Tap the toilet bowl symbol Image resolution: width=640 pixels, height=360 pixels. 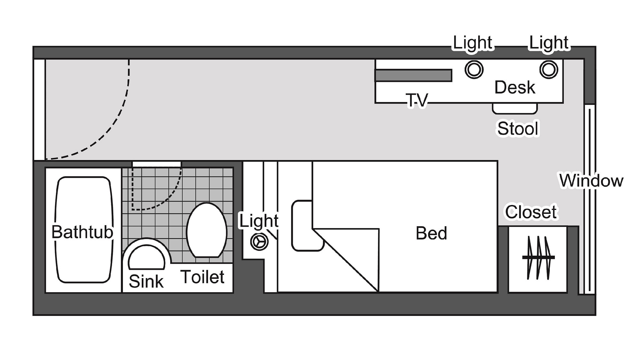coord(207,230)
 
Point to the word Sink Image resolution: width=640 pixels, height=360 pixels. coord(146,281)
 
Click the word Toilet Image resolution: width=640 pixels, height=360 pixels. coord(203,277)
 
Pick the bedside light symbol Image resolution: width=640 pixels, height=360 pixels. coord(259,242)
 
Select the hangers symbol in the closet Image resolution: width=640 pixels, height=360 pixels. coord(539,257)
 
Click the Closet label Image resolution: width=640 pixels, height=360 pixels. coord(531,212)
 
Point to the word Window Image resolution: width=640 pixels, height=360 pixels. coord(591,180)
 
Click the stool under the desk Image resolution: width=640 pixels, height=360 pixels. coord(515,108)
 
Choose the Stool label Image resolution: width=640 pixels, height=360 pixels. coord(518,128)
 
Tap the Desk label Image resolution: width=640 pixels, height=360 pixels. coord(515,87)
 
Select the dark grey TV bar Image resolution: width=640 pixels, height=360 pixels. coord(413,76)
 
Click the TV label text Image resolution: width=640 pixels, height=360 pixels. coord(417,100)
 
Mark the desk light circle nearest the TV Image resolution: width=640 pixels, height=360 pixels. coord(474,69)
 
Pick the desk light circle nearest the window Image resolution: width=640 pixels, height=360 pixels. coord(549,69)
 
